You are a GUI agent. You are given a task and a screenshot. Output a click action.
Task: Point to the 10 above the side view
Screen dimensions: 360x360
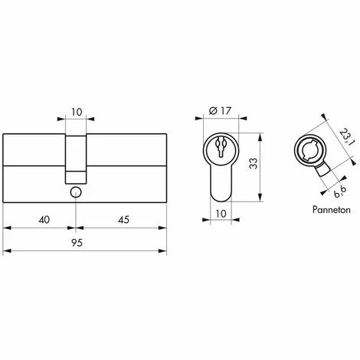point(76,112)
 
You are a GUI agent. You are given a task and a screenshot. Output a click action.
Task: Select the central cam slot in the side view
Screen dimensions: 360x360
point(76,152)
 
